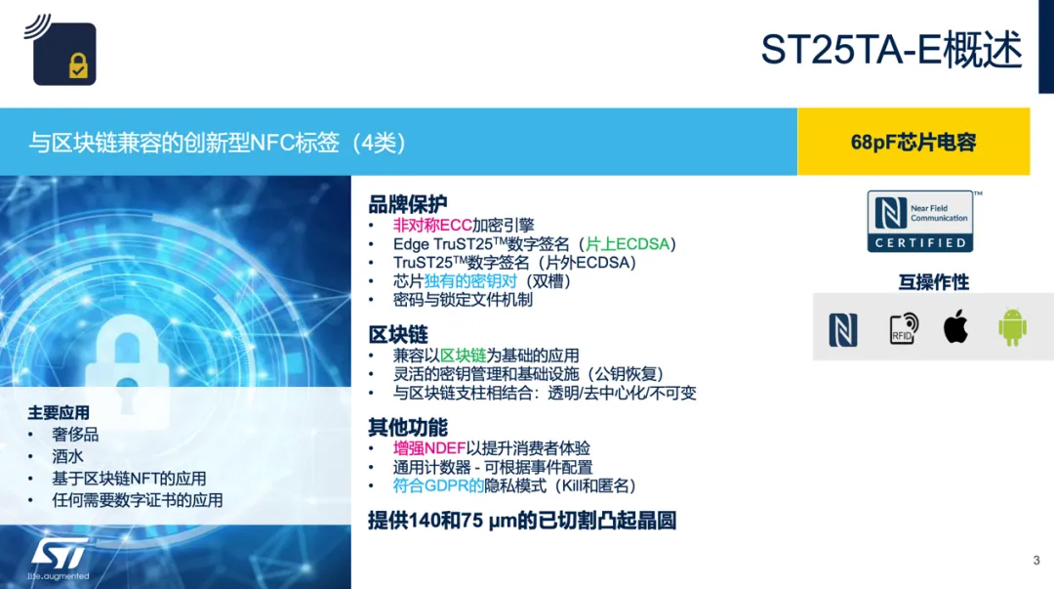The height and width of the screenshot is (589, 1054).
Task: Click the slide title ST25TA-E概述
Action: pos(891,49)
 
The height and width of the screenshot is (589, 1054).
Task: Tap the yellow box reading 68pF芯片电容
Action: pos(913,142)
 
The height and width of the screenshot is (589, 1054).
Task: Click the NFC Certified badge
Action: pos(920,222)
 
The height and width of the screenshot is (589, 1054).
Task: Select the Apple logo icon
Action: pos(955,326)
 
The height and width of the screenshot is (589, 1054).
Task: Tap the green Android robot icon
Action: pos(1012,327)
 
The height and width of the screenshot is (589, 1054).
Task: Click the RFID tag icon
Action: pos(904,328)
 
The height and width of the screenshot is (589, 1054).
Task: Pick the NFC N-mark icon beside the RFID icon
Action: pos(843,330)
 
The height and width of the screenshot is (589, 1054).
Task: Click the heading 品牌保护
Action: pos(407,204)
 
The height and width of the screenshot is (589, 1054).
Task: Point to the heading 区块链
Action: pos(398,335)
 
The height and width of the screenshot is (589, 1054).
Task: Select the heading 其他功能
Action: pos(407,427)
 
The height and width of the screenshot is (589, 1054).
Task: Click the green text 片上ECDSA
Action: pos(628,243)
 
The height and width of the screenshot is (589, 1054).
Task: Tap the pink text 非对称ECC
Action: pos(432,225)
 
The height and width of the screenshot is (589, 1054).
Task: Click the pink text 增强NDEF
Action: pos(428,448)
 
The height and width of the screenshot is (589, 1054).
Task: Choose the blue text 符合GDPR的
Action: pos(438,485)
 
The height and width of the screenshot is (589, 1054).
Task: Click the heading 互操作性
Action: pos(934,282)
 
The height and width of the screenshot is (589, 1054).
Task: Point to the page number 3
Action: pos(1036,560)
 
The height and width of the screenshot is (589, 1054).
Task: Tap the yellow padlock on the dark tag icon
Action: pos(79,65)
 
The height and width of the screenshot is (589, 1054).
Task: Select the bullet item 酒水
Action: pos(68,456)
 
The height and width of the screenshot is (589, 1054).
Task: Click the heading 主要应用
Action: pos(59,412)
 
